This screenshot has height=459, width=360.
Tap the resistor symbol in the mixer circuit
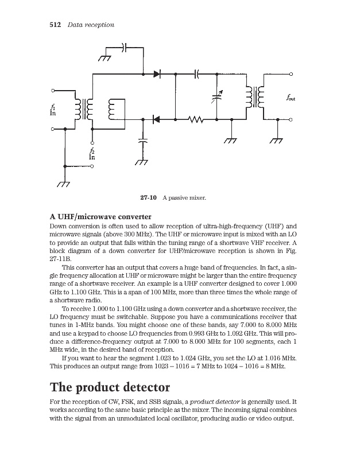[196, 119]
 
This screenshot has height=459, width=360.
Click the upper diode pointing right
[157, 74]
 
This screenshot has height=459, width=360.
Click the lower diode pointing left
[156, 119]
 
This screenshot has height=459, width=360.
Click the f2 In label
[92, 153]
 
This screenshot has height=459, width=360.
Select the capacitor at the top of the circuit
[125, 47]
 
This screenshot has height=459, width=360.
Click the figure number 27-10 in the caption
[149, 198]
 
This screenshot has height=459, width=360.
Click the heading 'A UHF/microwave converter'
[100, 217]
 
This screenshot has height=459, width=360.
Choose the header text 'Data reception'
[91, 25]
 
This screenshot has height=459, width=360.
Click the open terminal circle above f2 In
[92, 143]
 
